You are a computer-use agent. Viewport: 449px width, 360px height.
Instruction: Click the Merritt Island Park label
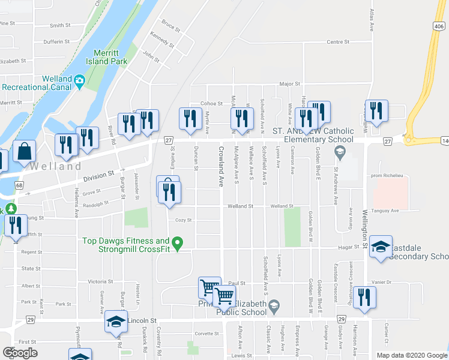118,56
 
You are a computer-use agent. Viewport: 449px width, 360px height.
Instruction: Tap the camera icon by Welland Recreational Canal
79,80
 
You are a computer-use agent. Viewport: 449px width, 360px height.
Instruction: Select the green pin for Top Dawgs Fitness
177,243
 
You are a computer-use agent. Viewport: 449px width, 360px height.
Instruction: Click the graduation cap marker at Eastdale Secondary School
380,247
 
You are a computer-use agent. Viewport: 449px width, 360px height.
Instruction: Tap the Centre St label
337,42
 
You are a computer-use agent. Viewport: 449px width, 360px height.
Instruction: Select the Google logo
20,353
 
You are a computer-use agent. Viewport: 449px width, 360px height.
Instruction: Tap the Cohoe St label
211,104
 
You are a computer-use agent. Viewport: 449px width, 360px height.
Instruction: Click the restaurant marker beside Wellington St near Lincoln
364,298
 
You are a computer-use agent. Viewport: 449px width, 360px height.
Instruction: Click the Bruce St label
170,27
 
